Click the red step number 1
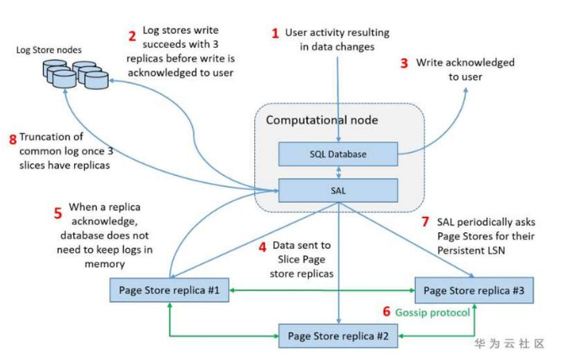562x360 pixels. [273, 34]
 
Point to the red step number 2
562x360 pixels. [132, 36]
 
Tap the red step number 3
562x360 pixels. [404, 63]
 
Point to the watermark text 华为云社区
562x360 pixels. [509, 344]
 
